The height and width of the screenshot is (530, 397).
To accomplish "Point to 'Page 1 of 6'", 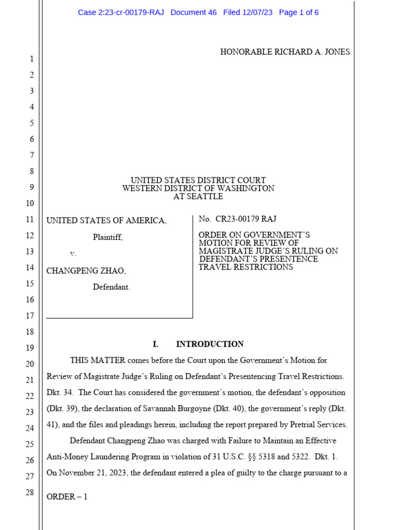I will click(299, 12).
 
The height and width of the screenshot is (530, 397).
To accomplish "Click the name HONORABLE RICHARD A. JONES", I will click(285, 52).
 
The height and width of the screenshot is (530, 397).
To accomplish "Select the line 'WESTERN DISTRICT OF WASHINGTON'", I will click(198, 188).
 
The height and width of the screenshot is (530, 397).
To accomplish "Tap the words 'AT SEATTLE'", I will click(198, 197).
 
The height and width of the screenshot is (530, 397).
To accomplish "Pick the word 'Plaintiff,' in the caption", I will click(108, 238).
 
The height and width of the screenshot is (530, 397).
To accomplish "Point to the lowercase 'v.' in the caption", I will click(73, 254).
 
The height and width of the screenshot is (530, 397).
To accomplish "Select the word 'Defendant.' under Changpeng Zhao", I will click(111, 287).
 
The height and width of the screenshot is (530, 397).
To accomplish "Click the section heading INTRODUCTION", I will click(209, 344).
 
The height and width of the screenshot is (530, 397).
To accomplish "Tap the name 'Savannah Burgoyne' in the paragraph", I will click(191, 409).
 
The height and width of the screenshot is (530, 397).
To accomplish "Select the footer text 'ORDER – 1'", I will click(67, 497).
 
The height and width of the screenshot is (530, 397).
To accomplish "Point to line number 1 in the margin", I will click(31, 60).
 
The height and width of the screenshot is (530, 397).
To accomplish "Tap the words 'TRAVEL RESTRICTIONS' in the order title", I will click(246, 268).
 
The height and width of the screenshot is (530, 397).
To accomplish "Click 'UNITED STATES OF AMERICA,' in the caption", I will click(106, 221).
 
